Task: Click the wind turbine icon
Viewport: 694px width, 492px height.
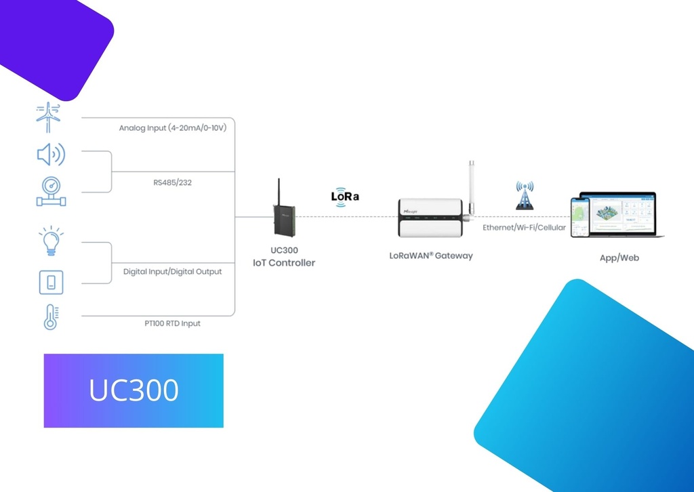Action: pyautogui.click(x=49, y=117)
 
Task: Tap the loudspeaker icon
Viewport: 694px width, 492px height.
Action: pyautogui.click(x=50, y=155)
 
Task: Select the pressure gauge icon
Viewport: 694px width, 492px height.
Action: pyautogui.click(x=50, y=190)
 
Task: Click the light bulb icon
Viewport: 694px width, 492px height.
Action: pyautogui.click(x=50, y=241)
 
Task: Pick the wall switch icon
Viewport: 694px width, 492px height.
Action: pyautogui.click(x=50, y=282)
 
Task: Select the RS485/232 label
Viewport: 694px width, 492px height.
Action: pyautogui.click(x=171, y=183)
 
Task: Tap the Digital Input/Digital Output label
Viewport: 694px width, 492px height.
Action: pyautogui.click(x=172, y=272)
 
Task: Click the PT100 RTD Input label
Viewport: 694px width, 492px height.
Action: pyautogui.click(x=171, y=324)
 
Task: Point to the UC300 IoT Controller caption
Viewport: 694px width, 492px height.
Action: pyautogui.click(x=284, y=257)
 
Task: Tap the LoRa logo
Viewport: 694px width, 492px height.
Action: pyautogui.click(x=345, y=194)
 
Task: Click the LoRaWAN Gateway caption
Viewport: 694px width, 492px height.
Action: pyautogui.click(x=431, y=256)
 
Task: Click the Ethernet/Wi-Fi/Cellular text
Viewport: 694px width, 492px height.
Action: pyautogui.click(x=524, y=228)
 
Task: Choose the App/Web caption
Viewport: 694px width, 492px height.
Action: pyautogui.click(x=619, y=258)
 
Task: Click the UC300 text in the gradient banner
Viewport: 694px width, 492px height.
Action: pyautogui.click(x=134, y=390)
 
